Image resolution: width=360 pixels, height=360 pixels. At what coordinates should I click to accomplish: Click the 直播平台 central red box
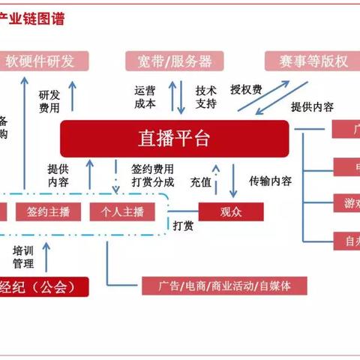point(174,138)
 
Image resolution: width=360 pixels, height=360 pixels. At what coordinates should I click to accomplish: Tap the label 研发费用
point(49,100)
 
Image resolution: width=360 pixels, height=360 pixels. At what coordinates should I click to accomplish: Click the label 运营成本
point(145,94)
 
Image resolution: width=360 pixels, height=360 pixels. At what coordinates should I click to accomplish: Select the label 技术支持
point(206,94)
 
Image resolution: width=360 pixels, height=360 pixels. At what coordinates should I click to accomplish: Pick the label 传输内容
point(271,180)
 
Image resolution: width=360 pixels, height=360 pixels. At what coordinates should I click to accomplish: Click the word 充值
point(200,181)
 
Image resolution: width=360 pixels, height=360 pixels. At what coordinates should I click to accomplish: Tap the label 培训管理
point(23,256)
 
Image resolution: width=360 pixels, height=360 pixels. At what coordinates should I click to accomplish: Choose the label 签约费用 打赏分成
point(152,175)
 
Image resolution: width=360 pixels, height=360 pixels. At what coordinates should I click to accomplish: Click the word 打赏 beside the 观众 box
point(184,225)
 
